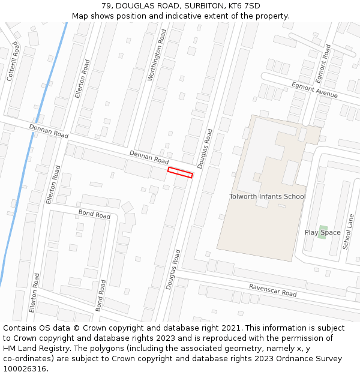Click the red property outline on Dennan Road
(x=180, y=172)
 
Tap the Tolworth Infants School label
(x=267, y=196)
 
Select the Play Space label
(x=322, y=232)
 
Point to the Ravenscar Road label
(x=272, y=290)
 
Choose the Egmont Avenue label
(x=314, y=90)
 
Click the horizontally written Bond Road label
(x=94, y=214)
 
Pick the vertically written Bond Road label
(x=101, y=295)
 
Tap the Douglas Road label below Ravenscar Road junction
(x=173, y=270)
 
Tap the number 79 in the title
(x=107, y=6)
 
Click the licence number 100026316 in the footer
(x=25, y=368)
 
